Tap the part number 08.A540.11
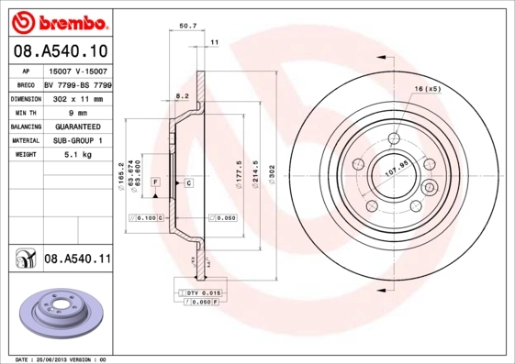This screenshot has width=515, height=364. click(77, 259)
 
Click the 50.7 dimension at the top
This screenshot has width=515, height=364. click(187, 27)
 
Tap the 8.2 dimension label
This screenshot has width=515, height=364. click(182, 95)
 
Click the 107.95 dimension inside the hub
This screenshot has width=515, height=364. click(395, 171)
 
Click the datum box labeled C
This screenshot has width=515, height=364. click(188, 183)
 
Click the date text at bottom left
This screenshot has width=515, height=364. click(55, 359)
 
